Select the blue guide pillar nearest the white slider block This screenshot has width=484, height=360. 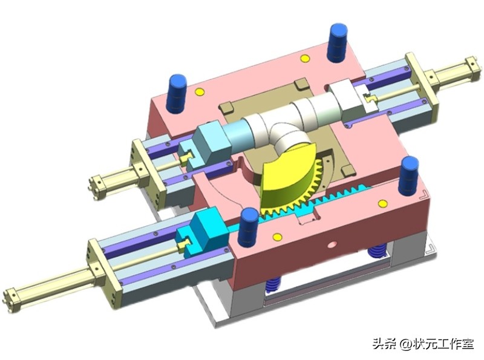(338, 42)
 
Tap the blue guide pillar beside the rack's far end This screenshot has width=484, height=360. (410, 175)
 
